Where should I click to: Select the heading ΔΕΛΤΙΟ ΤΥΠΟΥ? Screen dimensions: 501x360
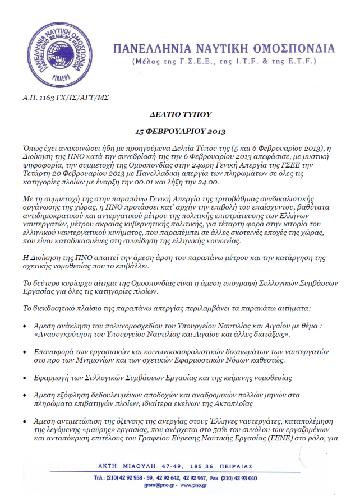(180, 114)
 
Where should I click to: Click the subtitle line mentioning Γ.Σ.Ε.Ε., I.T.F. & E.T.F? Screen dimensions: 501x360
(222, 60)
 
